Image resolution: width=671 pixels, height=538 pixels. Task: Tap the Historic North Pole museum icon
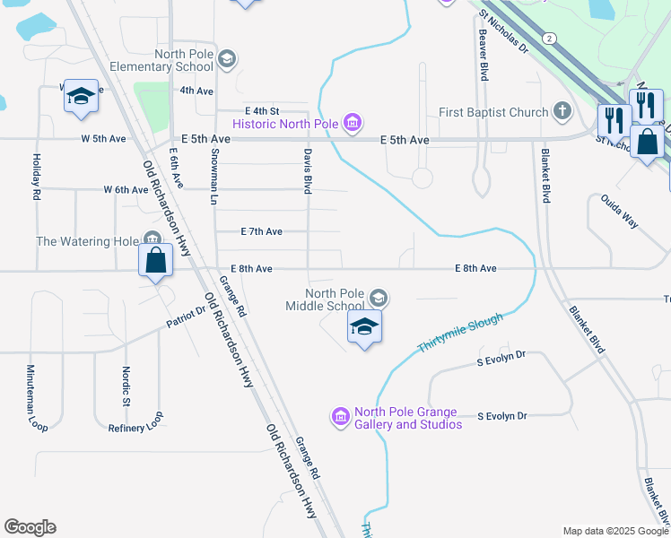click(353, 123)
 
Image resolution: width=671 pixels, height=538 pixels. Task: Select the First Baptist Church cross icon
click(562, 112)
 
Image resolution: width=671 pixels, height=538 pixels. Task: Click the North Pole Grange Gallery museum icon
click(341, 416)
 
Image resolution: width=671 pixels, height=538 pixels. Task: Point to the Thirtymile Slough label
click(459, 334)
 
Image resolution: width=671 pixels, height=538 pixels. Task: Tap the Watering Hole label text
click(88, 241)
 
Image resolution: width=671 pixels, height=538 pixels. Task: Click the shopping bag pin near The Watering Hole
click(156, 261)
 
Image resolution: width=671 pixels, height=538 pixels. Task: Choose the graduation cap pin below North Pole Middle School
click(364, 327)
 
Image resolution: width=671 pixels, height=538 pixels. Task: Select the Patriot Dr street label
click(186, 319)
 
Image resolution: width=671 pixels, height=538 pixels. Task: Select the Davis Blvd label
click(308, 171)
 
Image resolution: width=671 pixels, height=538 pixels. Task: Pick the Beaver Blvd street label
click(483, 56)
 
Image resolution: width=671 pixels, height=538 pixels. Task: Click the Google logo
click(30, 527)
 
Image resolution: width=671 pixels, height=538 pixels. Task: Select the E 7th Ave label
click(262, 231)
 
